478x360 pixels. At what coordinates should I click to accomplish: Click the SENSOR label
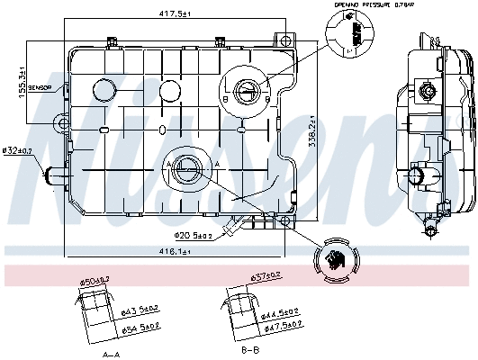point(40,87)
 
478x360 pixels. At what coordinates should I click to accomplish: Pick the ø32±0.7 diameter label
point(17,150)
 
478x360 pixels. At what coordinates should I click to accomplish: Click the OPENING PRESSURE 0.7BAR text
point(365,4)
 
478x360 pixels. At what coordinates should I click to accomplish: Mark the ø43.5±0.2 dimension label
point(141,310)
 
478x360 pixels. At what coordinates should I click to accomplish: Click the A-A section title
point(112,355)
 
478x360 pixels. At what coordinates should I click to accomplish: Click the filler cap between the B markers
point(249,88)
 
